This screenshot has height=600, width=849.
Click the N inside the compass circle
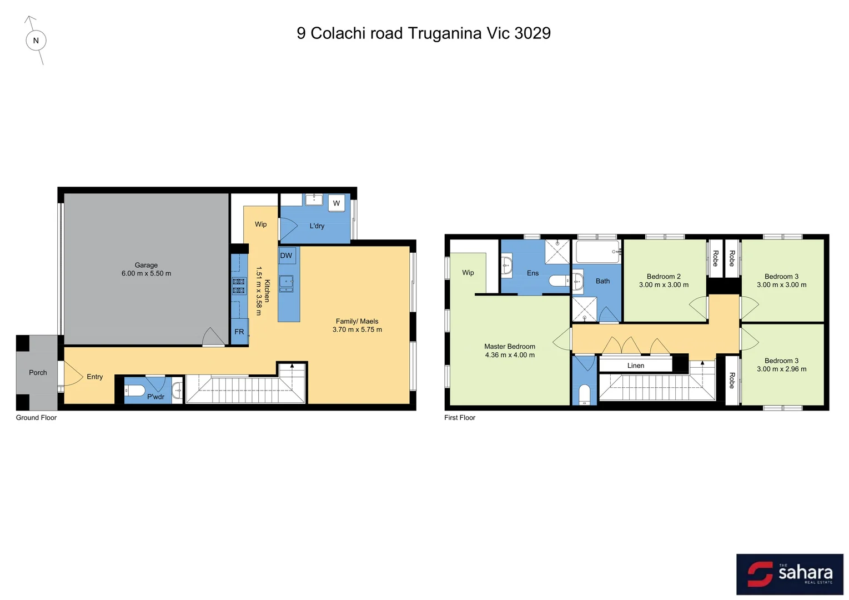pos(36,41)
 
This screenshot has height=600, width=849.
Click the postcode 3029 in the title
pos(532,33)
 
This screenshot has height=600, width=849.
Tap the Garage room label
pos(146,266)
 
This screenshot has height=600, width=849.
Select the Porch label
pos(38,373)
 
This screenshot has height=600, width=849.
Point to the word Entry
pos(95,377)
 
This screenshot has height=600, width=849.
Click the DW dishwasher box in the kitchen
pos(287,256)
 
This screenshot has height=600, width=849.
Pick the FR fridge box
pos(239,332)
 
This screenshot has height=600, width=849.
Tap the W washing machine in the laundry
pos(336,203)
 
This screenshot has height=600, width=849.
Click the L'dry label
pos(317,226)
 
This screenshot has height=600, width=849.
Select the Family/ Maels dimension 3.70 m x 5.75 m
pos(357,329)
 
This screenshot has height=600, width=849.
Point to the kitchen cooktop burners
pos(239,286)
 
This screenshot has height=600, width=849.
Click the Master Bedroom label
pos(510,347)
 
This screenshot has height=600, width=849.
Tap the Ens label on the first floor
pos(532,273)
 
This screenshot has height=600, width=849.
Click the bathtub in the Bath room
pos(597,252)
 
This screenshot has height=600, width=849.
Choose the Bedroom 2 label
pos(664,277)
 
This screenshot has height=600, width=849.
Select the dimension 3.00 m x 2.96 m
pos(782,369)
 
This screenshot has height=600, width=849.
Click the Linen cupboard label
pos(636,366)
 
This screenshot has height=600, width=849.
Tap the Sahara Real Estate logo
pos(790,574)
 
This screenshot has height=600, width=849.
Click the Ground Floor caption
pos(37,418)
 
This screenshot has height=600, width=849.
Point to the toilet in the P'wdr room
pos(135,391)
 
